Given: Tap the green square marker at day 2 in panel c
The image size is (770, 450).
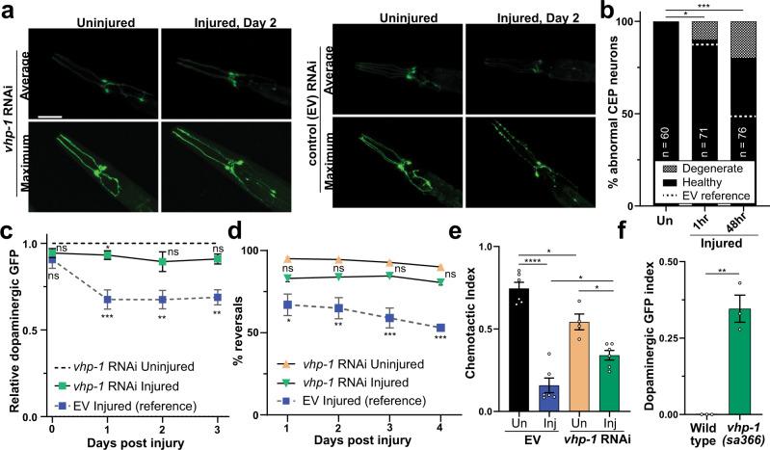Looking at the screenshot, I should pyautogui.click(x=164, y=261).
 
